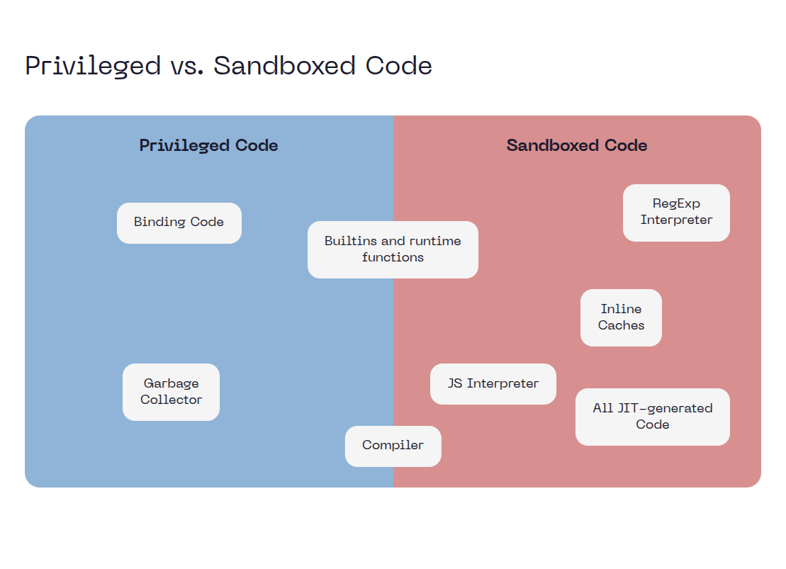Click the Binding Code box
[179, 222]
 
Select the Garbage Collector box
[171, 392]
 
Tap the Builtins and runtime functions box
[393, 249]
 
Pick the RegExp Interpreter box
[676, 213]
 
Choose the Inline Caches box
[621, 317]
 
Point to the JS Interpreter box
[493, 384]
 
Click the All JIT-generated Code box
[652, 417]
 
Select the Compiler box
[393, 446]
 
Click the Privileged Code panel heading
[208, 146]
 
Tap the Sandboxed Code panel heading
[576, 146]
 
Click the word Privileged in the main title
[93, 66]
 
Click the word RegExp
[676, 204]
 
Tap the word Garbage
[171, 384]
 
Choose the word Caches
[621, 326]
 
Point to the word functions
[393, 258]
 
